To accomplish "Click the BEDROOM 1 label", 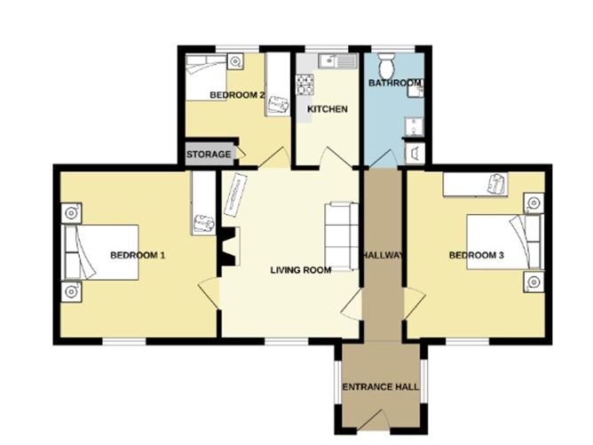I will point(138,256).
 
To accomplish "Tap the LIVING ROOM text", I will point(301,270).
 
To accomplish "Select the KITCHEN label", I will point(327,109).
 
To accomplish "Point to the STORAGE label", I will point(210,155).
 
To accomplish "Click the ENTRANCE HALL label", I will point(381,387).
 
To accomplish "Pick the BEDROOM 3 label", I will point(477,256).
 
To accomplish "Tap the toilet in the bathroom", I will point(387,67).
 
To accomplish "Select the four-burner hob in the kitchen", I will point(305,85).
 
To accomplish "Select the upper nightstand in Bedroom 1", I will point(70,214).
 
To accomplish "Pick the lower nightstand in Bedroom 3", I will point(533,282).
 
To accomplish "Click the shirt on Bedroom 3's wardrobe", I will point(494,183).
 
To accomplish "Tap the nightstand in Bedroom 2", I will point(234,61).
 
